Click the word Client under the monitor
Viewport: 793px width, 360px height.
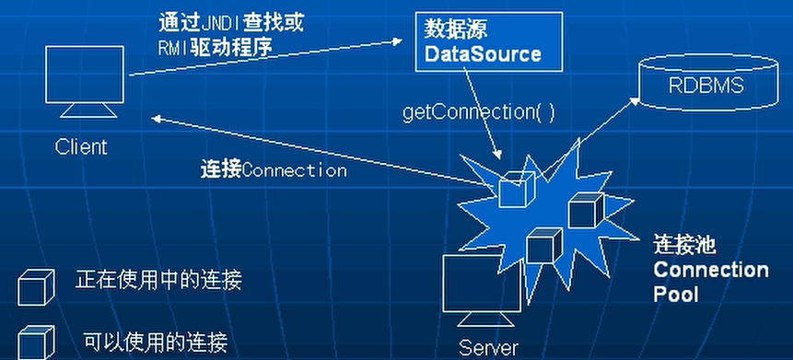point(81,147)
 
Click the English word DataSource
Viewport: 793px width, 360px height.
point(482,54)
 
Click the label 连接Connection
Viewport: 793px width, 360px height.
point(273,170)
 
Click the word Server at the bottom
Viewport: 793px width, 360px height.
point(488,349)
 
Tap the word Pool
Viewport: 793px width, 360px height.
point(676,294)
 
